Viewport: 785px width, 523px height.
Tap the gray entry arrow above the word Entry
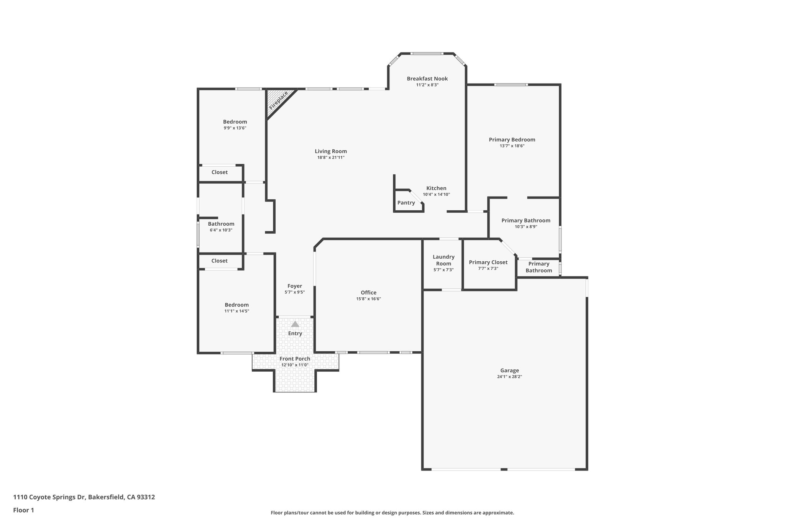point(295,324)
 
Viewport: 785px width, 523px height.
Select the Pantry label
point(406,203)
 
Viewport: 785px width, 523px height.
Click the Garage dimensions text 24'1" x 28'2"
point(509,377)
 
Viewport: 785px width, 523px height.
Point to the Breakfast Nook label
point(427,79)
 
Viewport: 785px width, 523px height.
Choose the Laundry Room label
point(443,260)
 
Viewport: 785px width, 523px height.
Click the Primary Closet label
point(488,262)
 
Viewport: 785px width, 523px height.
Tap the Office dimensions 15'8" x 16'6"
point(368,299)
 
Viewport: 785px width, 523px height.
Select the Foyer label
point(295,286)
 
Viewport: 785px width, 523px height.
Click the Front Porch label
point(295,359)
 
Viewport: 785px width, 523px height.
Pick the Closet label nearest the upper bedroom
point(220,172)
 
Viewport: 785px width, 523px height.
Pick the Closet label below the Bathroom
point(220,261)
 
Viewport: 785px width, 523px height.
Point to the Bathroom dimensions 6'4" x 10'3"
point(221,230)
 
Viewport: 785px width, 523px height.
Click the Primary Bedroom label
point(512,140)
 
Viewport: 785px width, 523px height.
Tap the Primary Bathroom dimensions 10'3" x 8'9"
point(526,227)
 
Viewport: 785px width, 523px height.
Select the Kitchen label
point(436,188)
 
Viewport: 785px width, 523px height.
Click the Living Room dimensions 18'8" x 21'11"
point(331,157)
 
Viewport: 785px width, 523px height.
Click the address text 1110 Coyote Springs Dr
point(50,497)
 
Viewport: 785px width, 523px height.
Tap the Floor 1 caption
point(23,510)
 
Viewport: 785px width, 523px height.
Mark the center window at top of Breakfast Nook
point(427,54)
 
